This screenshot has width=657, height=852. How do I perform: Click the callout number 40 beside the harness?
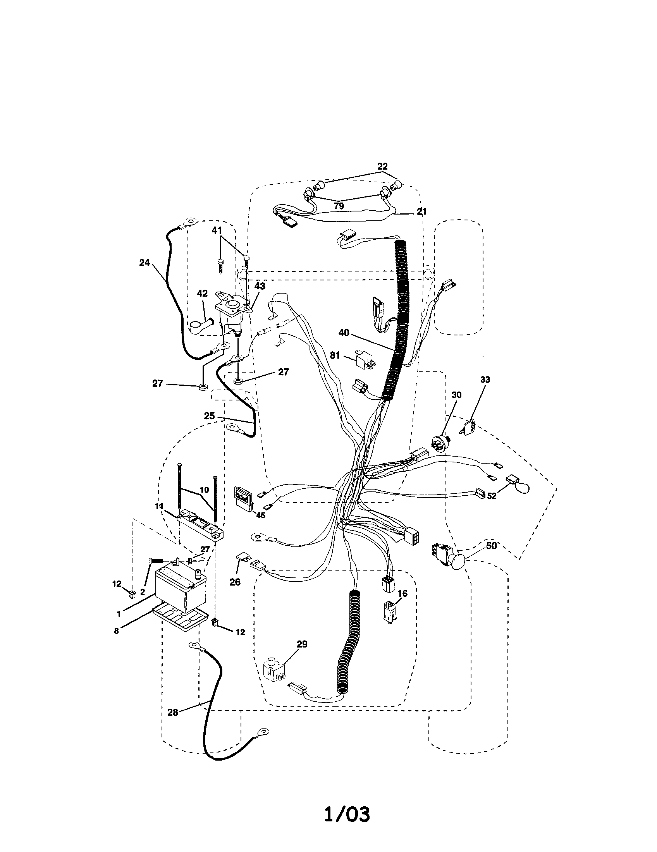pos(344,333)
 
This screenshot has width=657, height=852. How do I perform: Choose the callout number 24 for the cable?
pos(144,263)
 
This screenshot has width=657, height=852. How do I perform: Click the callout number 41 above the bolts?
pos(217,230)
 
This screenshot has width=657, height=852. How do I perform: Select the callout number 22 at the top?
pos(382,166)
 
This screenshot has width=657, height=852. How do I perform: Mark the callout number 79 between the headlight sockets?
pos(339,206)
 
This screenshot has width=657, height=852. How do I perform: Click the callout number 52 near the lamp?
pos(492,496)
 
